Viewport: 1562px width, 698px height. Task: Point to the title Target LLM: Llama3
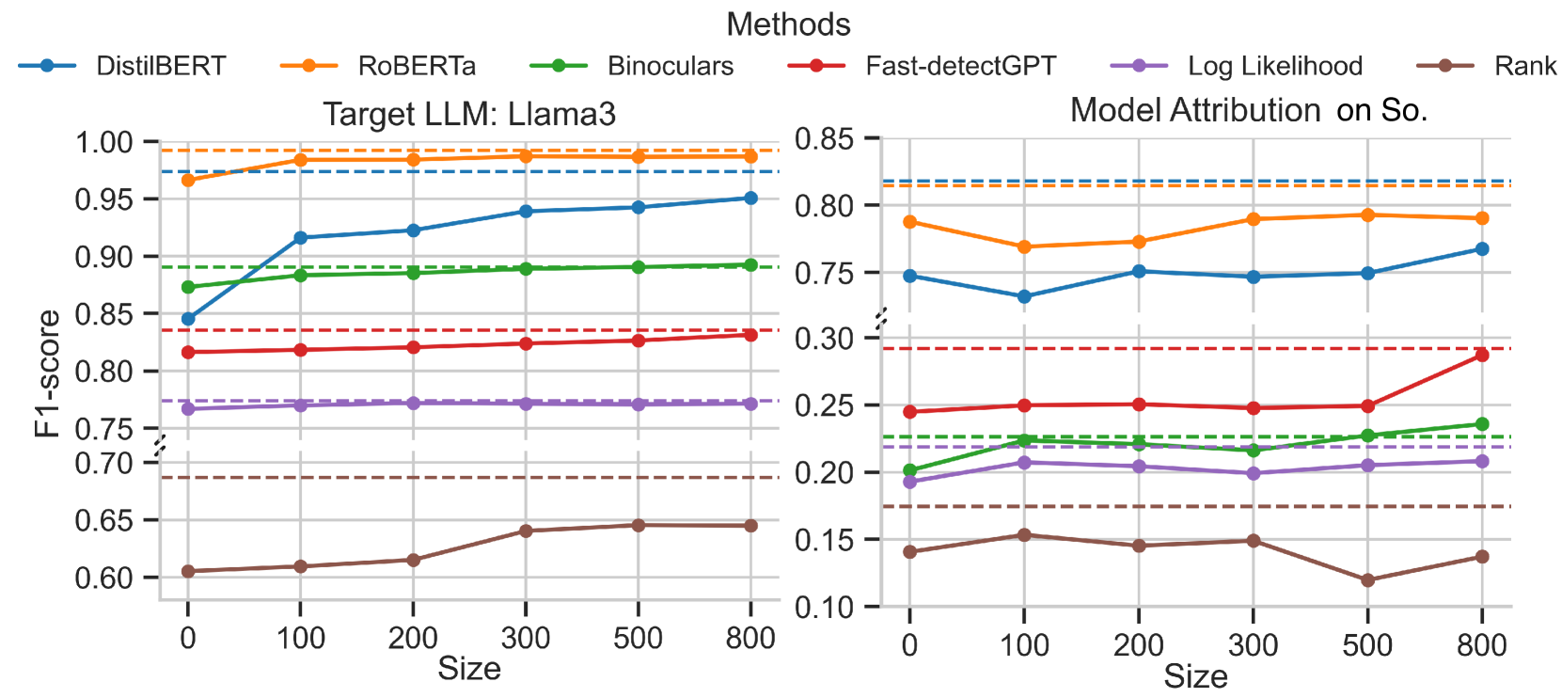(x=469, y=115)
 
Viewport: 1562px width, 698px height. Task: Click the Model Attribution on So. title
(x=1248, y=111)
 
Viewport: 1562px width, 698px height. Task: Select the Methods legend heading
(x=788, y=24)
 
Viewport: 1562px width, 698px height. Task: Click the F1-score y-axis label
(x=47, y=373)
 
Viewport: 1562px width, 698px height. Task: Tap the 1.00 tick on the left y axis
(x=104, y=143)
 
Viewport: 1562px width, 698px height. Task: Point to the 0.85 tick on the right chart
(x=824, y=139)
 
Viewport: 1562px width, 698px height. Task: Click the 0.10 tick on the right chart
(x=824, y=608)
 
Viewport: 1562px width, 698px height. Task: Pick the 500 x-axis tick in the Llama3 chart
(x=638, y=639)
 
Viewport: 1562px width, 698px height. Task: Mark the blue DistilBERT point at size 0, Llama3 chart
(x=188, y=319)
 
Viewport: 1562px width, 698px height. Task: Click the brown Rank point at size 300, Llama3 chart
(x=526, y=531)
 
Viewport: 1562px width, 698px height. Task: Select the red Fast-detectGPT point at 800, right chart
(x=1482, y=355)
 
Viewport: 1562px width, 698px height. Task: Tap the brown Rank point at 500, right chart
(x=1367, y=580)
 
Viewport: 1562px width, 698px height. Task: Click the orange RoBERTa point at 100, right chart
(x=1024, y=247)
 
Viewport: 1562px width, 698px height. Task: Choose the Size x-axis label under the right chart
(x=1195, y=676)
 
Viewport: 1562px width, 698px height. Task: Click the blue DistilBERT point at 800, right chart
(x=1482, y=249)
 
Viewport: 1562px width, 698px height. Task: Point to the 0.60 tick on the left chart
(x=104, y=578)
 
